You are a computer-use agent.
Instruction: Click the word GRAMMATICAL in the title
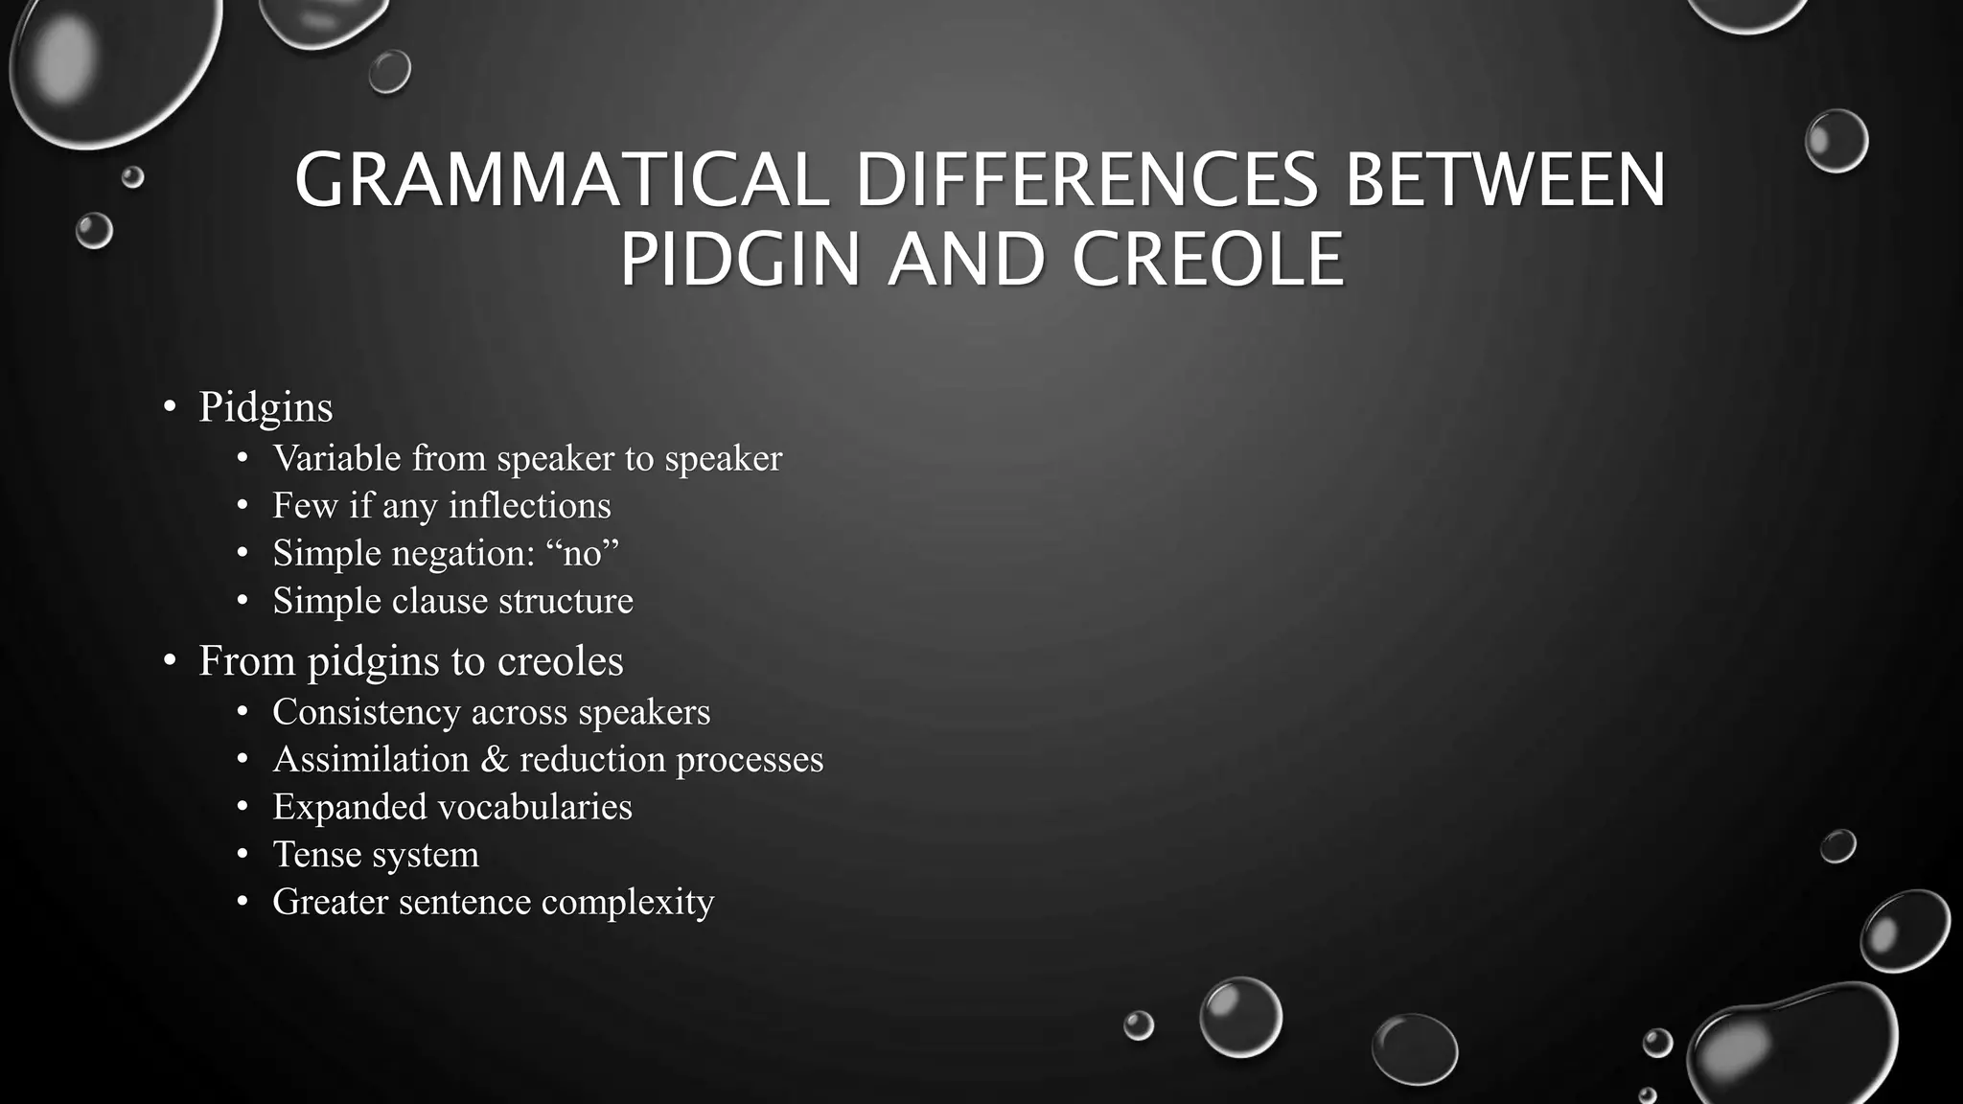pos(562,180)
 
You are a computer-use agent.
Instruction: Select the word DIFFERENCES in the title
pos(1087,180)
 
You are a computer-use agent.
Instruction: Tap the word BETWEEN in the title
pos(1506,180)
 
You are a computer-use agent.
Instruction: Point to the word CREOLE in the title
pos(1208,260)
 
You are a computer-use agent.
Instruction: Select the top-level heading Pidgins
pos(266,407)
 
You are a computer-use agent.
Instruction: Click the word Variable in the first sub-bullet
pos(335,458)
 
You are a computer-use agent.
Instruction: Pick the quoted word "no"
pos(582,554)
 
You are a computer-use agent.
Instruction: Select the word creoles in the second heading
pos(561,661)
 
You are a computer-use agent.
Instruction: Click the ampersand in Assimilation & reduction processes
pos(494,760)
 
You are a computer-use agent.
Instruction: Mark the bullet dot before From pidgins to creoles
pos(170,660)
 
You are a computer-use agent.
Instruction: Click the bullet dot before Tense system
pos(242,854)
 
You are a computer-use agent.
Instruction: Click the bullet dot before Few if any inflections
pos(242,505)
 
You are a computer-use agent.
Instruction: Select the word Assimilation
pos(371,760)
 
